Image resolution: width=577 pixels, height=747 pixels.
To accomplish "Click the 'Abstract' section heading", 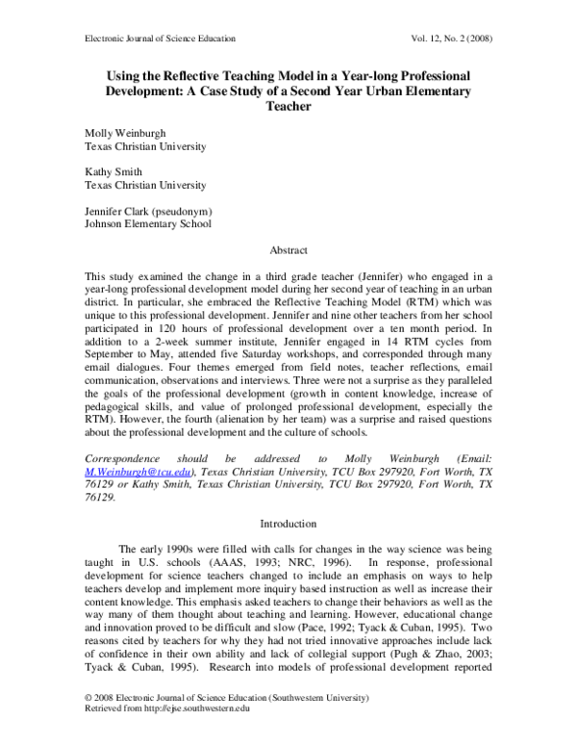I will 288,249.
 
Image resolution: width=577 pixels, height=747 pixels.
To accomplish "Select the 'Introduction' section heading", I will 288,524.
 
